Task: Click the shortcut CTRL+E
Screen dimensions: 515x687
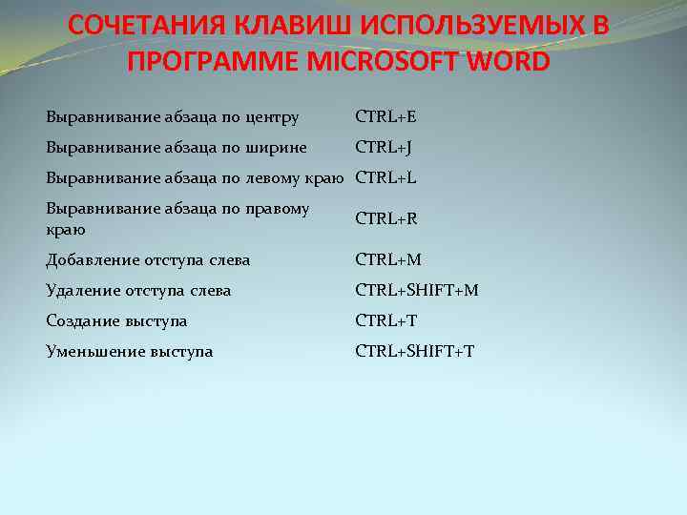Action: pos(385,117)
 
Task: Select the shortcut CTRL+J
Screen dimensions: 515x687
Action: pos(383,148)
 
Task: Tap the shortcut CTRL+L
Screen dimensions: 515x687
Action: pos(385,177)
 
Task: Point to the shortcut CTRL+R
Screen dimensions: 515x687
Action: pos(386,219)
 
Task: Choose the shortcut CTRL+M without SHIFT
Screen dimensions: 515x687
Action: pos(387,259)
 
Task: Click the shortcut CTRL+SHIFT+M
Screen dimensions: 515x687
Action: pos(416,290)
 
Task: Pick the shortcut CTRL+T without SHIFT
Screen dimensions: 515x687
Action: pos(385,320)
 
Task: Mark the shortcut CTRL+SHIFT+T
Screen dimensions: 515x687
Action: pos(414,351)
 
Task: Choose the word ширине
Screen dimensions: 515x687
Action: pos(276,148)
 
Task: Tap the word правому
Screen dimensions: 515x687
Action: pos(278,208)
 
